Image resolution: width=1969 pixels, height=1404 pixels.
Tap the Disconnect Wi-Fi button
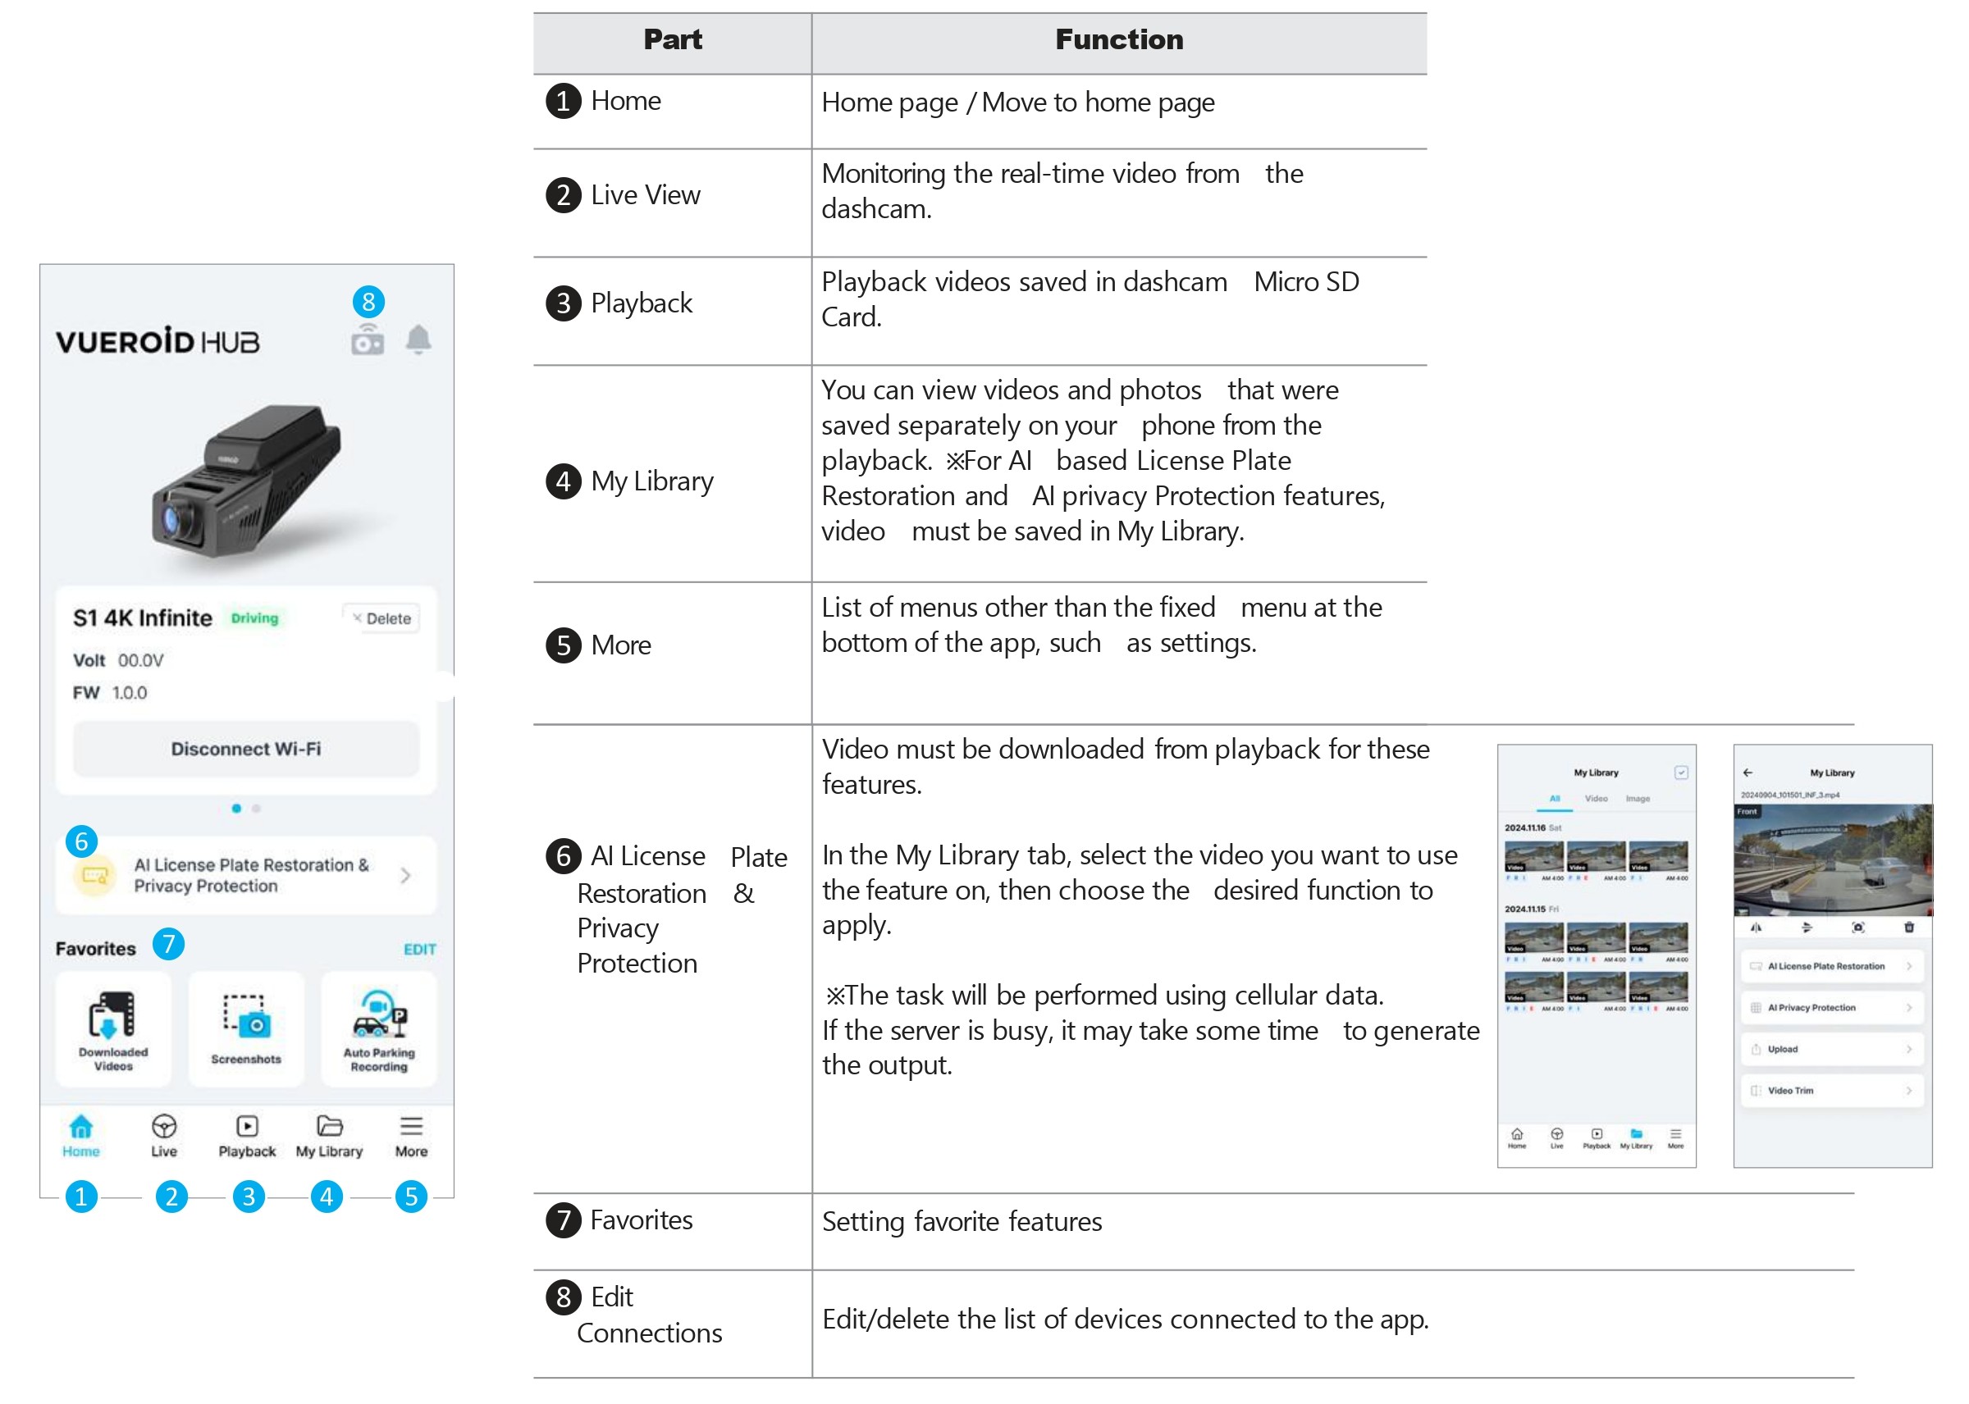245,749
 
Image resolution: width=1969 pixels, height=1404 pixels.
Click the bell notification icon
418,340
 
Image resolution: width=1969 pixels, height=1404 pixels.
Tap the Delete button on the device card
381,618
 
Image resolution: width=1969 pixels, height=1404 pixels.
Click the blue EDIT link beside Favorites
419,949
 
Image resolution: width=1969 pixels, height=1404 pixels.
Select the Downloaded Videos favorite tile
113,1028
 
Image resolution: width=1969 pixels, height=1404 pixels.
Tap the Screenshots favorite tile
246,1028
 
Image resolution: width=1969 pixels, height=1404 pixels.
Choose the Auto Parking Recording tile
379,1028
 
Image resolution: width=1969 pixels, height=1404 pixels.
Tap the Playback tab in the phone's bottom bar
246,1135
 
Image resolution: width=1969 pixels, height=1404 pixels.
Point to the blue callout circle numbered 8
368,302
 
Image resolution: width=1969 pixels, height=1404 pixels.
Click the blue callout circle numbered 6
82,841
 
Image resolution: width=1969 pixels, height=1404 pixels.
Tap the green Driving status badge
254,618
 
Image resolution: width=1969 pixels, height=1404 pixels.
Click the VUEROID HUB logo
158,341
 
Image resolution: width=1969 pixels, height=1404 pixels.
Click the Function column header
1119,39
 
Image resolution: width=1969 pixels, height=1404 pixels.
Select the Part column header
673,39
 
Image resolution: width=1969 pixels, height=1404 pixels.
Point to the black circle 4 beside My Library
564,481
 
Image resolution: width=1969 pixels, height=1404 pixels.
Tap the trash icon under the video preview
1908,928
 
